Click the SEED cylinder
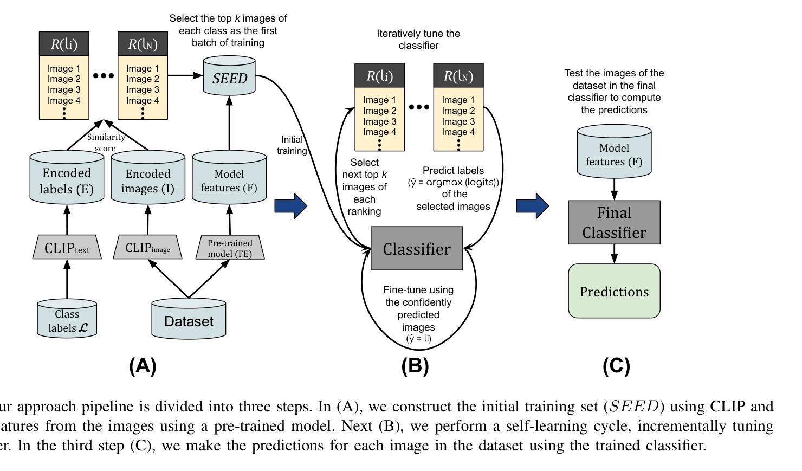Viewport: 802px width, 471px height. pyautogui.click(x=229, y=78)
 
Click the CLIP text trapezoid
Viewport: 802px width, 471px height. pyautogui.click(x=67, y=248)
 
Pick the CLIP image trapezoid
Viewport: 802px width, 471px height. pyautogui.click(x=147, y=248)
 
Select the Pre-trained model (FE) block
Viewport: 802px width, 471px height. pyautogui.click(x=230, y=248)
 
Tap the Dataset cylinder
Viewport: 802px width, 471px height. pyautogui.click(x=189, y=321)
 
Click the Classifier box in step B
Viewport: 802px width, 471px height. pyautogui.click(x=417, y=249)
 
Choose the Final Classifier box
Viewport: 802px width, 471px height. pyautogui.click(x=614, y=222)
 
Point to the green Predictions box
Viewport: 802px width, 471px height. pyautogui.click(x=614, y=291)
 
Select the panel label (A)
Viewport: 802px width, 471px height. pyautogui.click(x=143, y=366)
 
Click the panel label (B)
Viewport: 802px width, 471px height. pyautogui.click(x=415, y=366)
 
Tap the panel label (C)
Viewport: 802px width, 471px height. pyautogui.click(x=616, y=366)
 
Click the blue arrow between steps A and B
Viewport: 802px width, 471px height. pyautogui.click(x=291, y=206)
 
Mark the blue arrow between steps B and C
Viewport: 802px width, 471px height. pyautogui.click(x=532, y=206)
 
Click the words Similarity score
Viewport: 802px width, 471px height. pyautogui.click(x=106, y=143)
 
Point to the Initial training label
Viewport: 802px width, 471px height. pyautogui.click(x=292, y=145)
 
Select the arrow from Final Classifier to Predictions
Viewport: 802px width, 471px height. pyautogui.click(x=614, y=254)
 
